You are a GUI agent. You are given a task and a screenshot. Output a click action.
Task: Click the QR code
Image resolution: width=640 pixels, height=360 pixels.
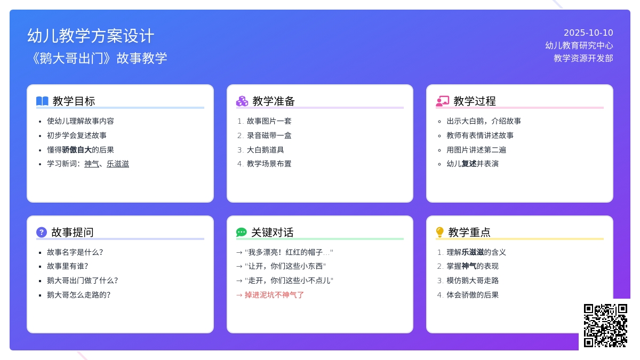[605, 325]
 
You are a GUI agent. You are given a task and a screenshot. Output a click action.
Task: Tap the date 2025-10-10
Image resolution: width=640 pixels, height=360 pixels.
[588, 33]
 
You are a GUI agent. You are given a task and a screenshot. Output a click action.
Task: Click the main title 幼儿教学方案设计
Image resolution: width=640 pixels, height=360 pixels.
[91, 36]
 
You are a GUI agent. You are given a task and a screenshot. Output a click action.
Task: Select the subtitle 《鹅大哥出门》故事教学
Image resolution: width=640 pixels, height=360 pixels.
[97, 58]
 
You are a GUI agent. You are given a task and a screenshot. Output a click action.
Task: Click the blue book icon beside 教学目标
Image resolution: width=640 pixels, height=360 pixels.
[42, 101]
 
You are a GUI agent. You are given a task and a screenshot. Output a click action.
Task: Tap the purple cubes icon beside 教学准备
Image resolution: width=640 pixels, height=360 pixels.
[242, 101]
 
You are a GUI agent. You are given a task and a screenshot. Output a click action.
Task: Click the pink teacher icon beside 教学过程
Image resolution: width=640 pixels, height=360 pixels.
[443, 101]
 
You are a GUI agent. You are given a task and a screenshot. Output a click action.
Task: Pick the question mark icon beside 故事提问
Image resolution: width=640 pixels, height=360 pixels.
[42, 233]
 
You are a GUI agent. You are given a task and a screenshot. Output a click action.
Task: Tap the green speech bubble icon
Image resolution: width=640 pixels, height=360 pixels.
[242, 233]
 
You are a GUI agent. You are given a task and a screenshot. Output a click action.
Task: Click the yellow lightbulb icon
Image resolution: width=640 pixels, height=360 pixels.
[440, 233]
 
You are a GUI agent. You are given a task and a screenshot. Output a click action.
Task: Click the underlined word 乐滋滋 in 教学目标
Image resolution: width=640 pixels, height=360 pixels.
[118, 164]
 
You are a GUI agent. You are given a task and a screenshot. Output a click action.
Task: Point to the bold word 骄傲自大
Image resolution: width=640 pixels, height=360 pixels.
[77, 150]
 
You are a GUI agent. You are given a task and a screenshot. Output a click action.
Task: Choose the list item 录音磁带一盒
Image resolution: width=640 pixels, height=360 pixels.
[269, 135]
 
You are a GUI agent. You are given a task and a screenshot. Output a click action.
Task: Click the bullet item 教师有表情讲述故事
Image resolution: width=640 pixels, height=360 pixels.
[480, 135]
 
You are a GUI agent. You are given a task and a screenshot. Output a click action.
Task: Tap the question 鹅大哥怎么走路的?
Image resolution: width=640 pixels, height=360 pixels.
[78, 295]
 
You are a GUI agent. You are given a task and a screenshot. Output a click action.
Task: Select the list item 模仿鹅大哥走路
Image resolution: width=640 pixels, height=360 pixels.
[473, 281]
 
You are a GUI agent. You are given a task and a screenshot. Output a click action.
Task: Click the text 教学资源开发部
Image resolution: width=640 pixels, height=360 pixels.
[583, 58]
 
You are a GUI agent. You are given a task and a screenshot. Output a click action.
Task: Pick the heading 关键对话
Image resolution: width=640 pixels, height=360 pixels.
[272, 233]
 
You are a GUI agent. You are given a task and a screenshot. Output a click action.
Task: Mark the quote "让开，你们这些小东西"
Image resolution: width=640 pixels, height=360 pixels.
[285, 266]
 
